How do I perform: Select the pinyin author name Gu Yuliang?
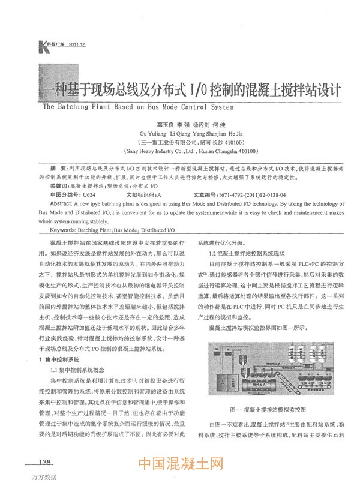tap(153, 134)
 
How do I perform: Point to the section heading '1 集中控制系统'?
tap(58, 359)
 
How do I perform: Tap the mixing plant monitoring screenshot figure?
tap(272, 370)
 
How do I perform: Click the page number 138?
tap(46, 463)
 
